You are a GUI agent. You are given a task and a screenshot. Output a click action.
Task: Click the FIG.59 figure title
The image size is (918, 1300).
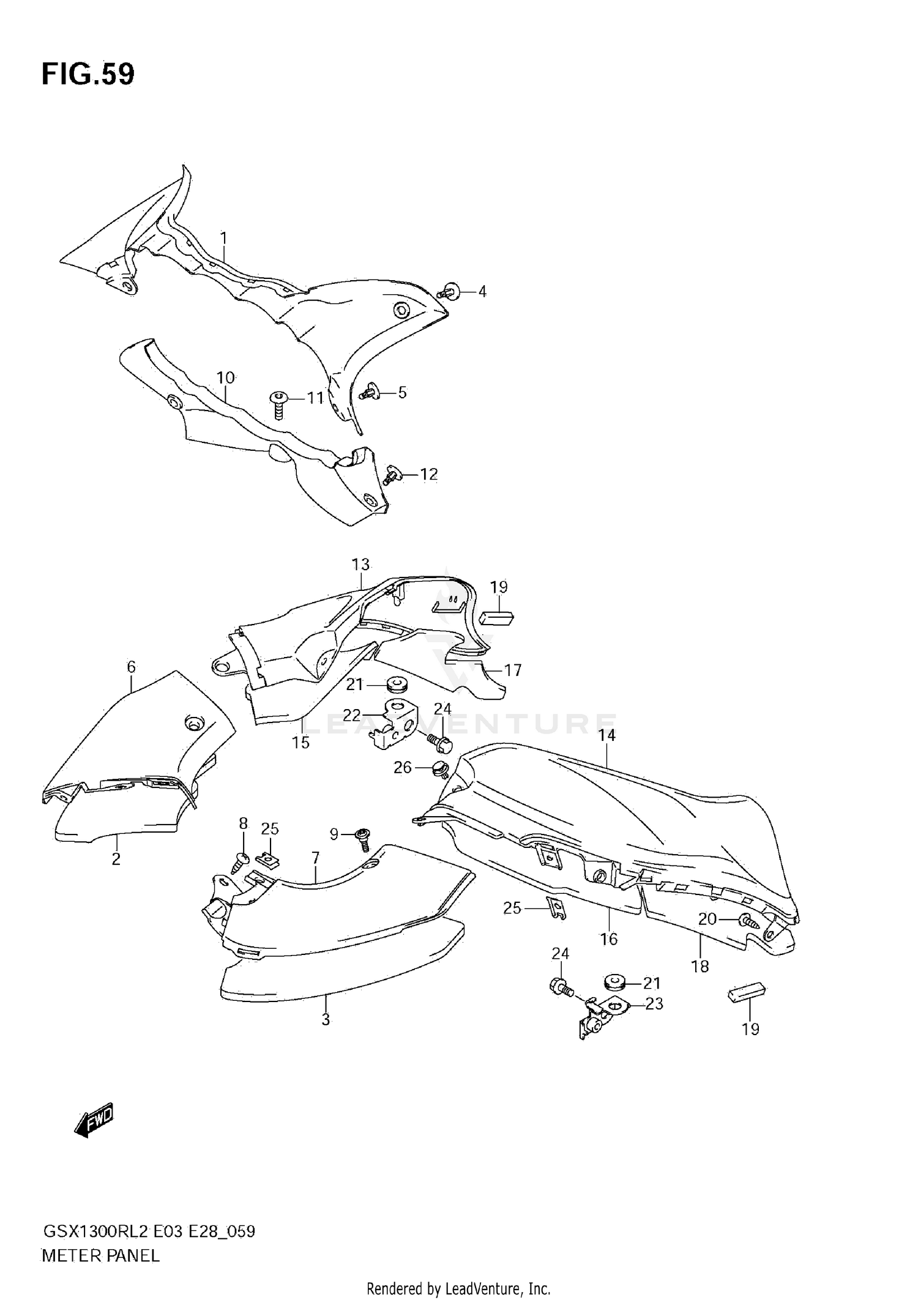(x=88, y=75)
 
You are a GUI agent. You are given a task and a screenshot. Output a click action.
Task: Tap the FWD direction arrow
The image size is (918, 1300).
(x=94, y=1120)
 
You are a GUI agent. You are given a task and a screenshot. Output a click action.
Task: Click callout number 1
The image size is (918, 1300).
(x=224, y=238)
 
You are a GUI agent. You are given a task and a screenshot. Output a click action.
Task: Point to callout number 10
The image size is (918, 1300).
(x=226, y=377)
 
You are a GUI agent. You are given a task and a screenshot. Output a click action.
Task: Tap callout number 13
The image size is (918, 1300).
(x=361, y=564)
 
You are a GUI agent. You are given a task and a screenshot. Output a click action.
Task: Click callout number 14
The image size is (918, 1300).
(x=606, y=735)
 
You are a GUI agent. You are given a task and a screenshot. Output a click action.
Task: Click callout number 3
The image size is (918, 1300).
(x=326, y=1020)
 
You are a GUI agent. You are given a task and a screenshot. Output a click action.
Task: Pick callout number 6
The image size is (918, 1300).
(x=131, y=666)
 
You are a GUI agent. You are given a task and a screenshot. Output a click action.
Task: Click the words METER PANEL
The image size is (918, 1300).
(x=100, y=1256)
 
